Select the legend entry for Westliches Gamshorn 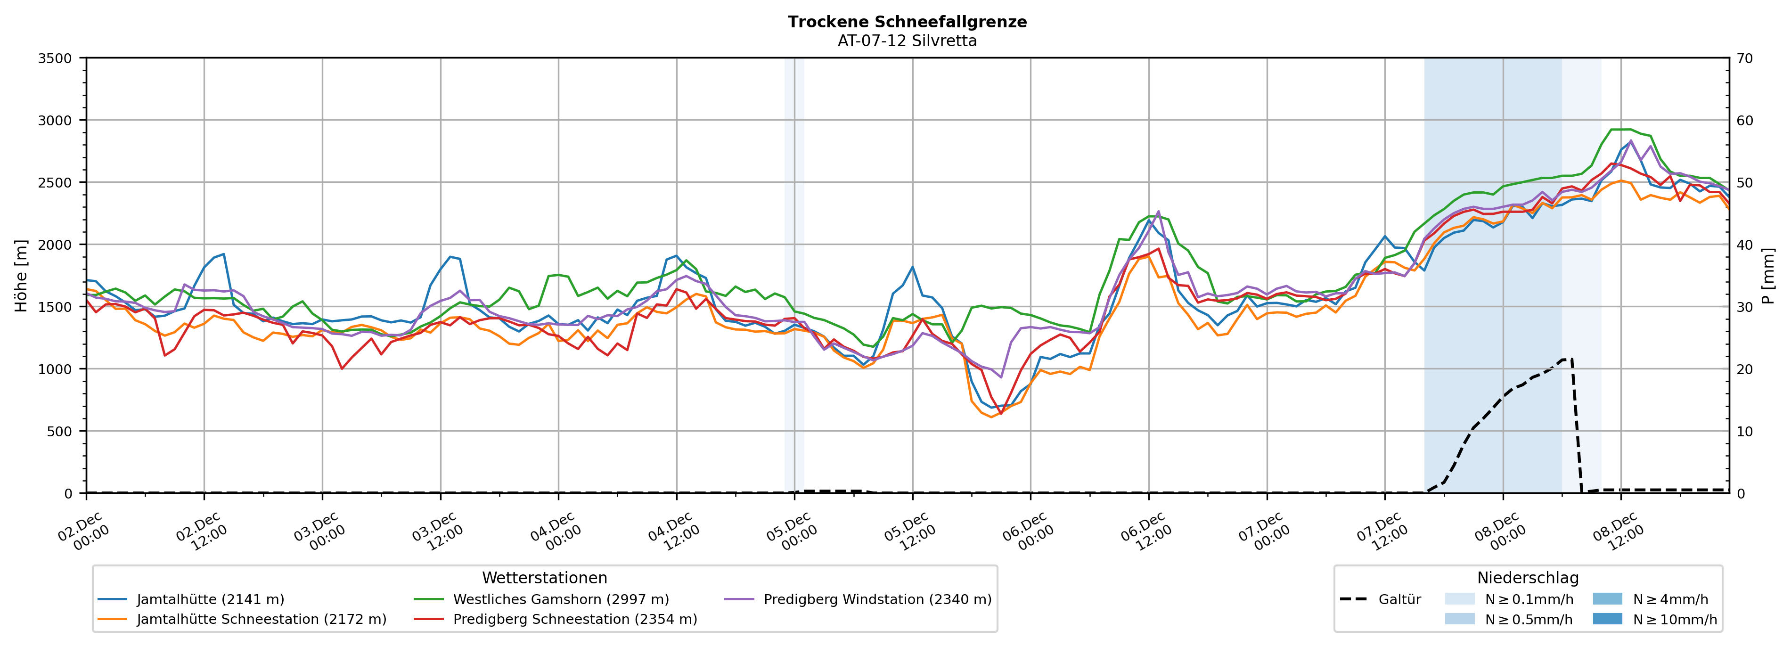pos(560,599)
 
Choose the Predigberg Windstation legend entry pos(877,599)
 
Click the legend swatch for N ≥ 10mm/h pos(1607,619)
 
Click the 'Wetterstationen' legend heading pos(544,578)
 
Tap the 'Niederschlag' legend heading pos(1528,578)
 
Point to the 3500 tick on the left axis pos(55,58)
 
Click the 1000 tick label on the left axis pos(55,369)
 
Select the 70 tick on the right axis pos(1744,58)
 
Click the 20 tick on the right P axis pos(1744,369)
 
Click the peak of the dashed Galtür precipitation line pos(1567,359)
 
